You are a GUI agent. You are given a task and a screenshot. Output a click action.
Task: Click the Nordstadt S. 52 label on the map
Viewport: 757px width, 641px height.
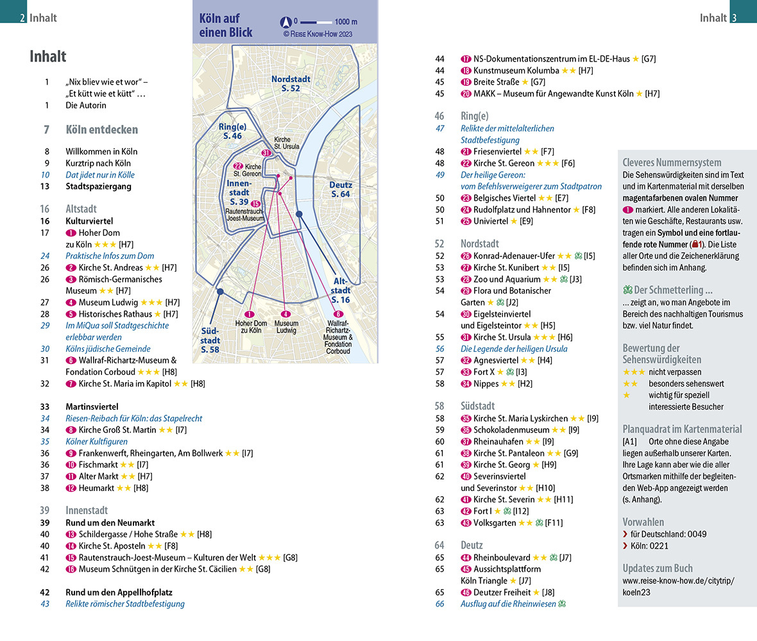tap(291, 83)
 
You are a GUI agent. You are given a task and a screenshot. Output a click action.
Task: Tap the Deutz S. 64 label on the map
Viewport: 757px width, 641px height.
tap(341, 189)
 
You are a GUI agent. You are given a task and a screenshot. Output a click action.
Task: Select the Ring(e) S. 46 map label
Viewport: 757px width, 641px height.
tap(232, 131)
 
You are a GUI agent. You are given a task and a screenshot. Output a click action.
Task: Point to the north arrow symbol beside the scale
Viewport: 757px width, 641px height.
tap(286, 22)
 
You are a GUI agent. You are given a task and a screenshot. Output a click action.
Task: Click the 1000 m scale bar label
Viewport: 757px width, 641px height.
tap(346, 22)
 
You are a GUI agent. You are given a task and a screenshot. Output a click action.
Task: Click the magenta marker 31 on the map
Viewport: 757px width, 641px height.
tap(266, 153)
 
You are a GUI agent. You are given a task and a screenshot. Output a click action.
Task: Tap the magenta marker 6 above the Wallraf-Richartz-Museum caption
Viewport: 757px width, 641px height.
tap(339, 314)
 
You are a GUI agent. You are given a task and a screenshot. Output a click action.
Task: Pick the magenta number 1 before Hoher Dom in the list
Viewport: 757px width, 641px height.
tap(71, 233)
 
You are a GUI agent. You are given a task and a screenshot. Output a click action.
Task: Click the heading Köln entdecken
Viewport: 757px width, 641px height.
tap(102, 129)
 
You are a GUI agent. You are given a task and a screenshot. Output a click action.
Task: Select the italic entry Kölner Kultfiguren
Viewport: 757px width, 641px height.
tap(97, 441)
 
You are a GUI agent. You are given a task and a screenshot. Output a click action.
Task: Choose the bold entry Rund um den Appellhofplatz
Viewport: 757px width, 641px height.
tap(119, 592)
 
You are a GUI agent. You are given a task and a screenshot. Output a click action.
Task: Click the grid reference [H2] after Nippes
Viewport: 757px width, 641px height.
tap(525, 383)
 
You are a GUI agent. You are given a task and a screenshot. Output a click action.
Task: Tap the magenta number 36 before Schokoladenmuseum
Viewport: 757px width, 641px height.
tap(466, 430)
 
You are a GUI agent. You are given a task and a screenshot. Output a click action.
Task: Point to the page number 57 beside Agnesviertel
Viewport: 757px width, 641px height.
tap(439, 360)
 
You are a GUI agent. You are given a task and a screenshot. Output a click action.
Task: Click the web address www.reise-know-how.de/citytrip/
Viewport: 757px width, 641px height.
tap(678, 581)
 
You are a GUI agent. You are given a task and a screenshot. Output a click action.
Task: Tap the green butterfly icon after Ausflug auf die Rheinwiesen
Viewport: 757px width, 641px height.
tap(562, 604)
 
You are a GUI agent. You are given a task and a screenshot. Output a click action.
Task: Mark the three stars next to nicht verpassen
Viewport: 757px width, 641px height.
tap(634, 372)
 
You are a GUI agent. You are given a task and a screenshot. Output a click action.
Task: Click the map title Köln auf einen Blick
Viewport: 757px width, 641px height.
tap(225, 25)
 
